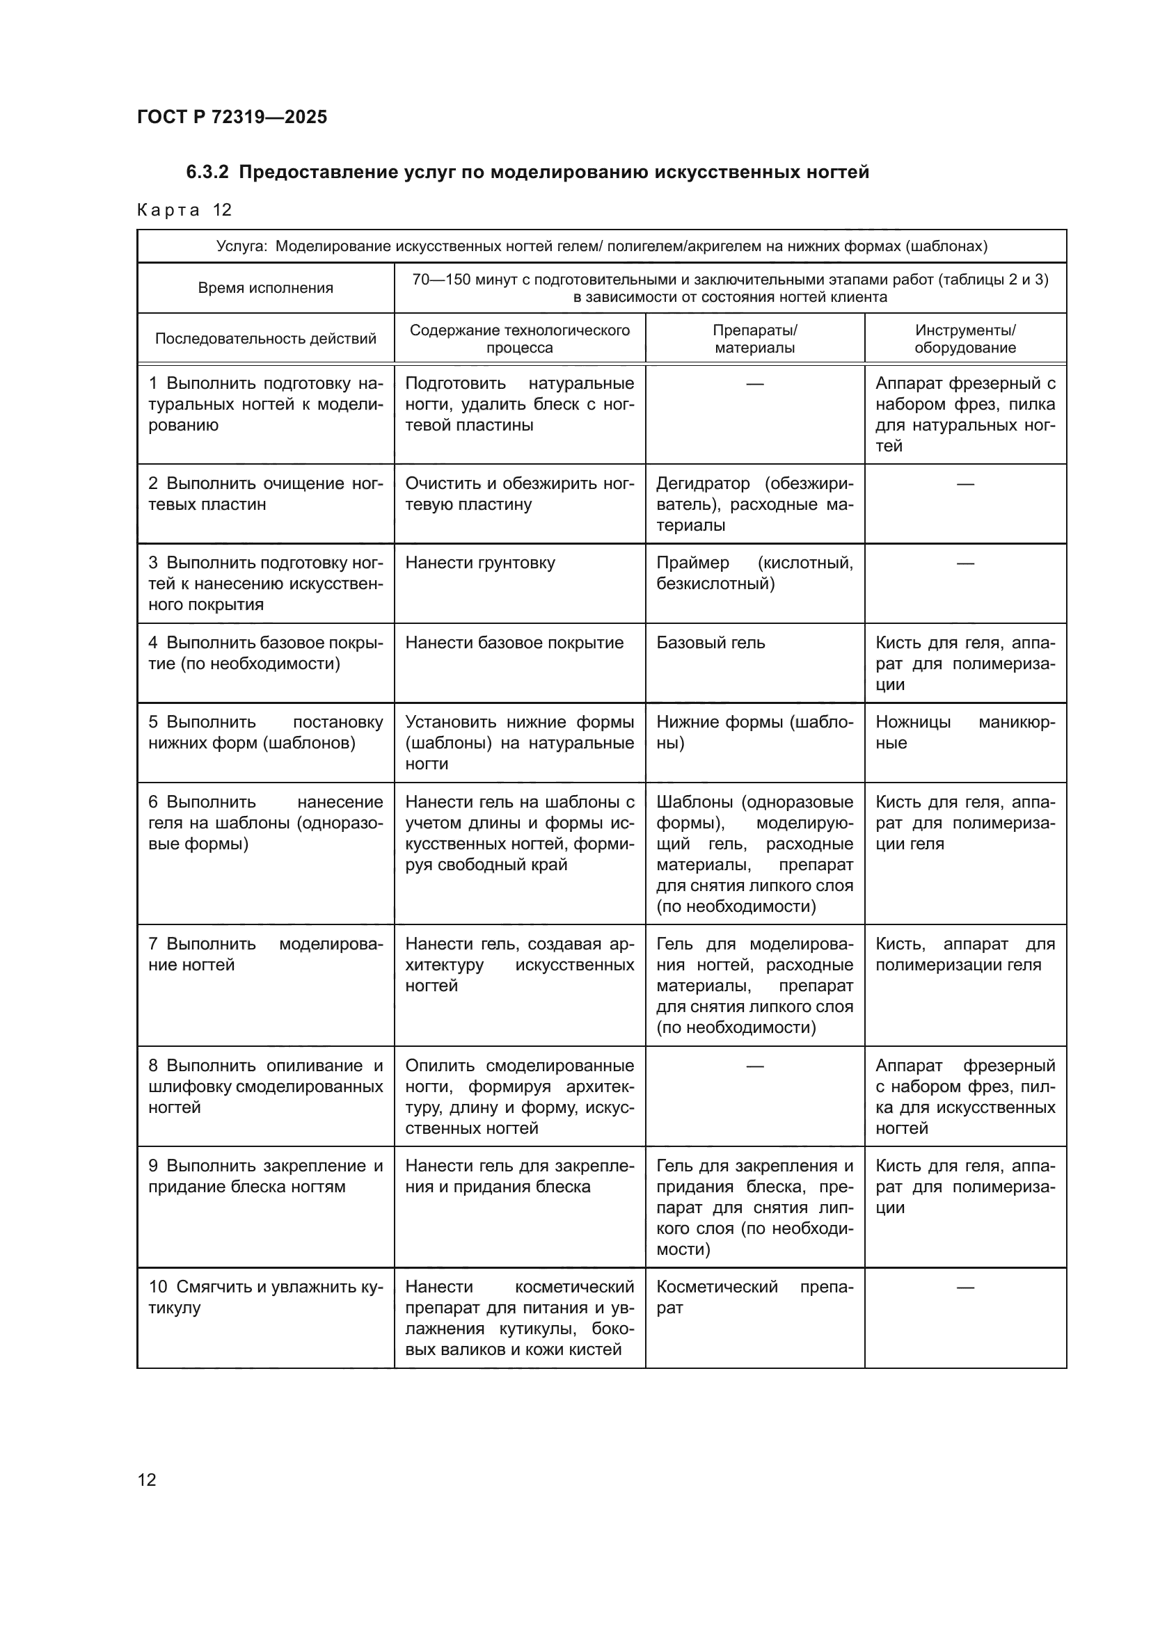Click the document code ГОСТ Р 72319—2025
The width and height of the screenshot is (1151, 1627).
232,117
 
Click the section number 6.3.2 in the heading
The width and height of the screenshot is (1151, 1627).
207,173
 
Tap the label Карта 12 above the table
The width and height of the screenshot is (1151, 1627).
184,210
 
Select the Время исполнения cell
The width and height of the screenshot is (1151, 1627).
265,288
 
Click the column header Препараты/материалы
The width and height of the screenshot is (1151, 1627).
754,339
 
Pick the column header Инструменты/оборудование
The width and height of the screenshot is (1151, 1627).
965,339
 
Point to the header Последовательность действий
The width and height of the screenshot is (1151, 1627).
265,339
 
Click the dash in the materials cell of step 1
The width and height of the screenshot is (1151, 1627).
755,384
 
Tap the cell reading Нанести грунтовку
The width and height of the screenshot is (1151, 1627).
480,563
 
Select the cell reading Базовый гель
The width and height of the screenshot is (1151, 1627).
711,643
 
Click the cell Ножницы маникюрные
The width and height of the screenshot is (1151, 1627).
965,732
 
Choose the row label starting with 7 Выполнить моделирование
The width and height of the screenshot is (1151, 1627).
265,954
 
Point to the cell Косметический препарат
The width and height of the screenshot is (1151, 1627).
754,1297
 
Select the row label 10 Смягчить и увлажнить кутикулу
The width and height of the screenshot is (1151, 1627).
265,1297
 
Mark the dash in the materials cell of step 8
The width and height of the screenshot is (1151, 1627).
755,1066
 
